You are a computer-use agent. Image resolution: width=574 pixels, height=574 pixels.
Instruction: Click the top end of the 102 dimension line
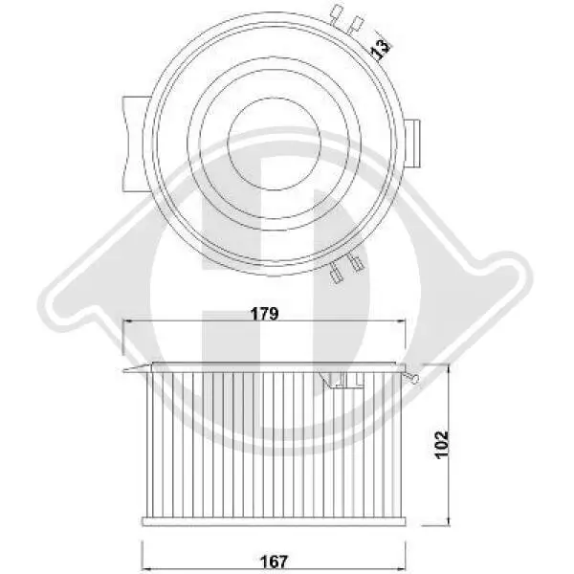pyautogui.click(x=447, y=364)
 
